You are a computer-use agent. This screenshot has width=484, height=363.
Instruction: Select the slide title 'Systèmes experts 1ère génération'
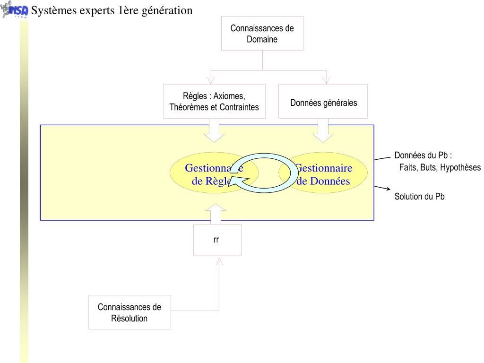[x=112, y=10]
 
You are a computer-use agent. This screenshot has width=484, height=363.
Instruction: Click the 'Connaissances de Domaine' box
[x=262, y=33]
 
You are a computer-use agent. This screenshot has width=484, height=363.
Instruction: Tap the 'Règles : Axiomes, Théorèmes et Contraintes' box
[x=214, y=101]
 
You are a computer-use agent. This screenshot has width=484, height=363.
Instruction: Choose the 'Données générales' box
[x=323, y=101]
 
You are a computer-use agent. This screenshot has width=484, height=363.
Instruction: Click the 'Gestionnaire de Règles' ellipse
[x=199, y=174]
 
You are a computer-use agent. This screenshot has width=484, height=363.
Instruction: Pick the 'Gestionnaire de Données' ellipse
[x=331, y=174]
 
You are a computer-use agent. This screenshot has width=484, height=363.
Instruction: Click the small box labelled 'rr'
[x=217, y=240]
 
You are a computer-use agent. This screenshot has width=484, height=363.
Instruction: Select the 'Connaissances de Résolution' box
[x=130, y=312]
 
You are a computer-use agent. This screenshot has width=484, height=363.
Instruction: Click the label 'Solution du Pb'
[x=419, y=197]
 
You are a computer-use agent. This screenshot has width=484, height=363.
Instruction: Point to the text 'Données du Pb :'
[x=423, y=156]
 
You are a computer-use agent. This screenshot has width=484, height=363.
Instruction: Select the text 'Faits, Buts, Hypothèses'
[x=440, y=167]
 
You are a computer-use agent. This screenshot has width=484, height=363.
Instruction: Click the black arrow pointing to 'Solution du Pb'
[x=382, y=189]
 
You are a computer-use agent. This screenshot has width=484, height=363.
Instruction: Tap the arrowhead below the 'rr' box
[x=219, y=261]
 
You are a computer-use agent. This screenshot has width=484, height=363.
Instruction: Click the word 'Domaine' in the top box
[x=262, y=39]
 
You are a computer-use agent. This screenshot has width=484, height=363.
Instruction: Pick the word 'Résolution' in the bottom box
[x=129, y=318]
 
